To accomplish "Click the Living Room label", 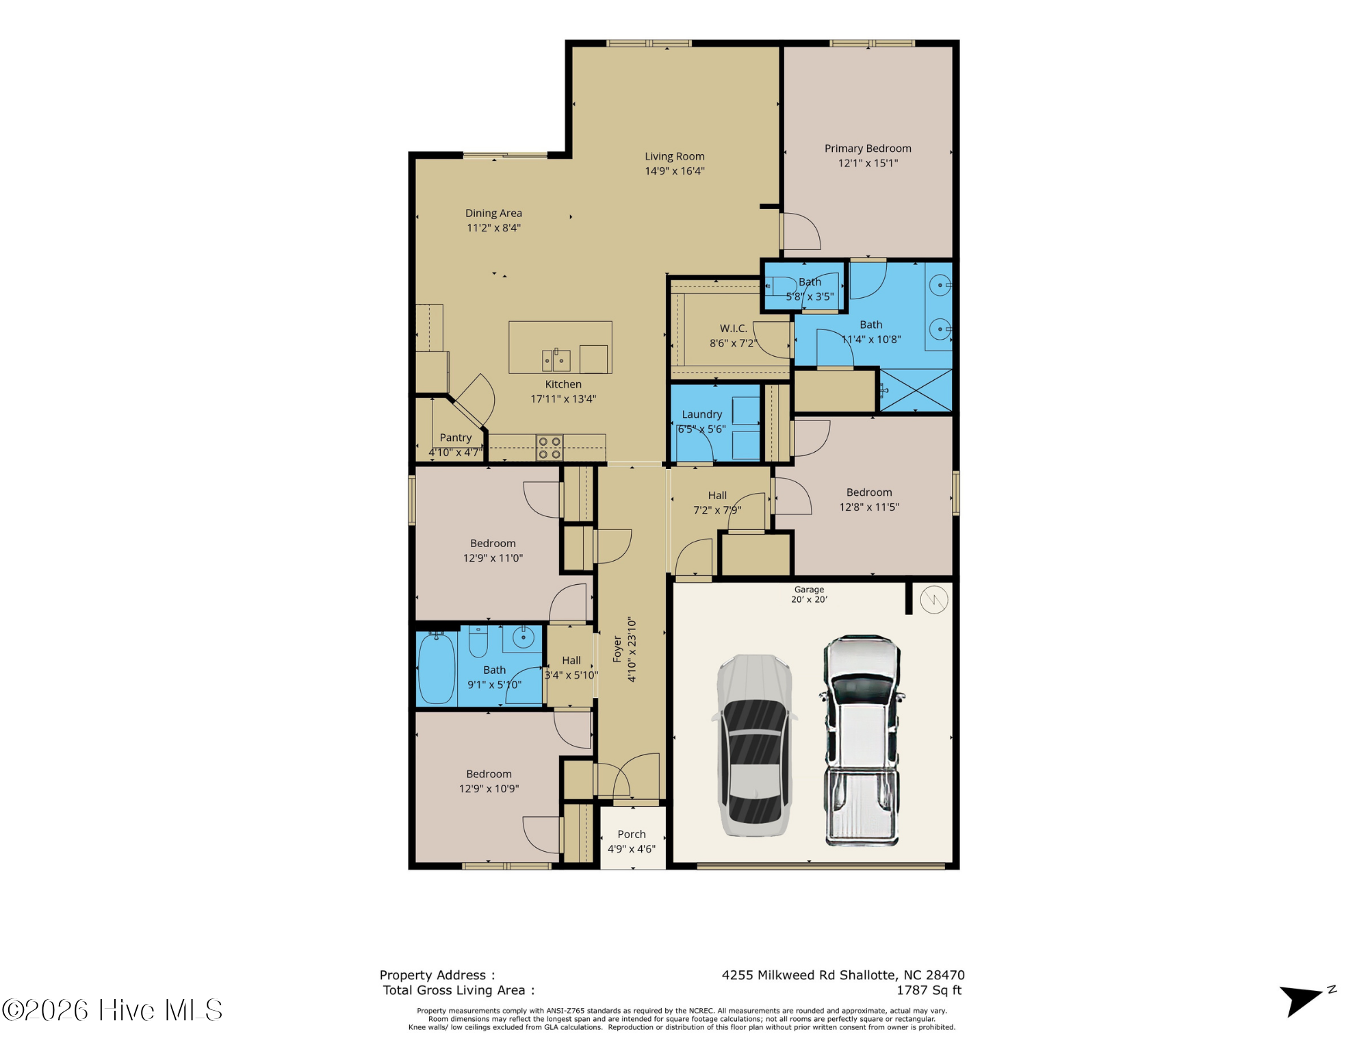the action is pyautogui.click(x=674, y=156).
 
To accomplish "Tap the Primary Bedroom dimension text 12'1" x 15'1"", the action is pyautogui.click(x=868, y=163).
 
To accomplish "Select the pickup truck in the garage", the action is pyautogui.click(x=862, y=741).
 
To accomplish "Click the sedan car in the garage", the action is pyautogui.click(x=755, y=745).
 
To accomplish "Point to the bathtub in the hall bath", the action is pyautogui.click(x=436, y=668).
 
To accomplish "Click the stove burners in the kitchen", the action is pyautogui.click(x=550, y=448).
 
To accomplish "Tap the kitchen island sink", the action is pyautogui.click(x=556, y=360).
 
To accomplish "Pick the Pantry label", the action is pyautogui.click(x=456, y=438).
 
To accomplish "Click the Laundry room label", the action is pyautogui.click(x=701, y=414).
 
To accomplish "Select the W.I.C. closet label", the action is pyautogui.click(x=733, y=328).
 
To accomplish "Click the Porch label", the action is pyautogui.click(x=631, y=834).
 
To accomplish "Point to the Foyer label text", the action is pyautogui.click(x=617, y=648).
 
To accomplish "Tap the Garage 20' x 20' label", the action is pyautogui.click(x=809, y=594).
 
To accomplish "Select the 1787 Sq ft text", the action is pyautogui.click(x=929, y=990).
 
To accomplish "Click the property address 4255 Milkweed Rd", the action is pyautogui.click(x=843, y=975).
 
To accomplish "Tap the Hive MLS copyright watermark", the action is pyautogui.click(x=112, y=1010).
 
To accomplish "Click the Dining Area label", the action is pyautogui.click(x=493, y=213).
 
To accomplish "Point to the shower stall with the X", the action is pyautogui.click(x=915, y=390).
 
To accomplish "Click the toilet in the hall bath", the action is pyautogui.click(x=478, y=641).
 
